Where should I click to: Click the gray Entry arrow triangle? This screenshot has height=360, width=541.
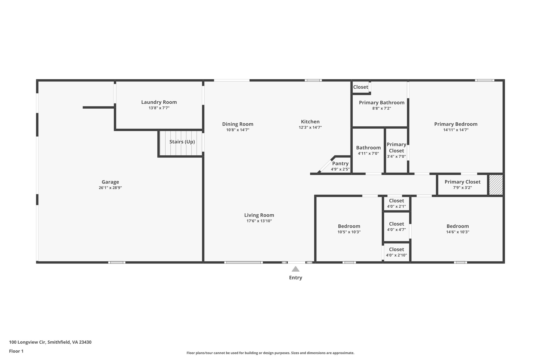pyautogui.click(x=295, y=269)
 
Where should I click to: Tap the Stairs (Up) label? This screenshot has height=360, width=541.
pyautogui.click(x=182, y=142)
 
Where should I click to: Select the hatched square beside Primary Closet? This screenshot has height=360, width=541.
pyautogui.click(x=496, y=185)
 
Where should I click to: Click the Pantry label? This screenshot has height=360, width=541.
pyautogui.click(x=340, y=164)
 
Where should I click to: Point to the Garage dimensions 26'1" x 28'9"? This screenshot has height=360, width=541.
pyautogui.click(x=110, y=188)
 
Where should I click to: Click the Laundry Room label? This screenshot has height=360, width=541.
pyautogui.click(x=159, y=102)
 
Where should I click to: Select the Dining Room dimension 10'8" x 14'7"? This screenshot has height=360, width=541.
pyautogui.click(x=237, y=130)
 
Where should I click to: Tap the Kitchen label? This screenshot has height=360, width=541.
pyautogui.click(x=310, y=122)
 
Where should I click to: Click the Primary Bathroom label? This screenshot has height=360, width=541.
pyautogui.click(x=381, y=103)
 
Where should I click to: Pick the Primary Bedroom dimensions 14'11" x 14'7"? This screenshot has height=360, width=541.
pyautogui.click(x=456, y=130)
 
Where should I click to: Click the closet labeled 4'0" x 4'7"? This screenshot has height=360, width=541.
pyautogui.click(x=396, y=227)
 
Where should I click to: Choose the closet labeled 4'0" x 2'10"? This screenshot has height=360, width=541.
pyautogui.click(x=396, y=252)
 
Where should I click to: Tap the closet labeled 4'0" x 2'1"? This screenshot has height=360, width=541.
pyautogui.click(x=396, y=203)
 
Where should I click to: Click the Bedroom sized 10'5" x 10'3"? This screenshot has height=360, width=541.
pyautogui.click(x=349, y=229)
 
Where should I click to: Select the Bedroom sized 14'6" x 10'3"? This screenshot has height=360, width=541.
pyautogui.click(x=458, y=229)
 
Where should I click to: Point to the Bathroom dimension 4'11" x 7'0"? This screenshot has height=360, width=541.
pyautogui.click(x=368, y=153)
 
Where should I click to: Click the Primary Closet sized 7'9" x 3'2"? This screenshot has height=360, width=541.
pyautogui.click(x=462, y=184)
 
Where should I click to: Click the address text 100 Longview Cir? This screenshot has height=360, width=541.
pyautogui.click(x=50, y=342)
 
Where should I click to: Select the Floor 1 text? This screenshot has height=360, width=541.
pyautogui.click(x=16, y=351)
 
